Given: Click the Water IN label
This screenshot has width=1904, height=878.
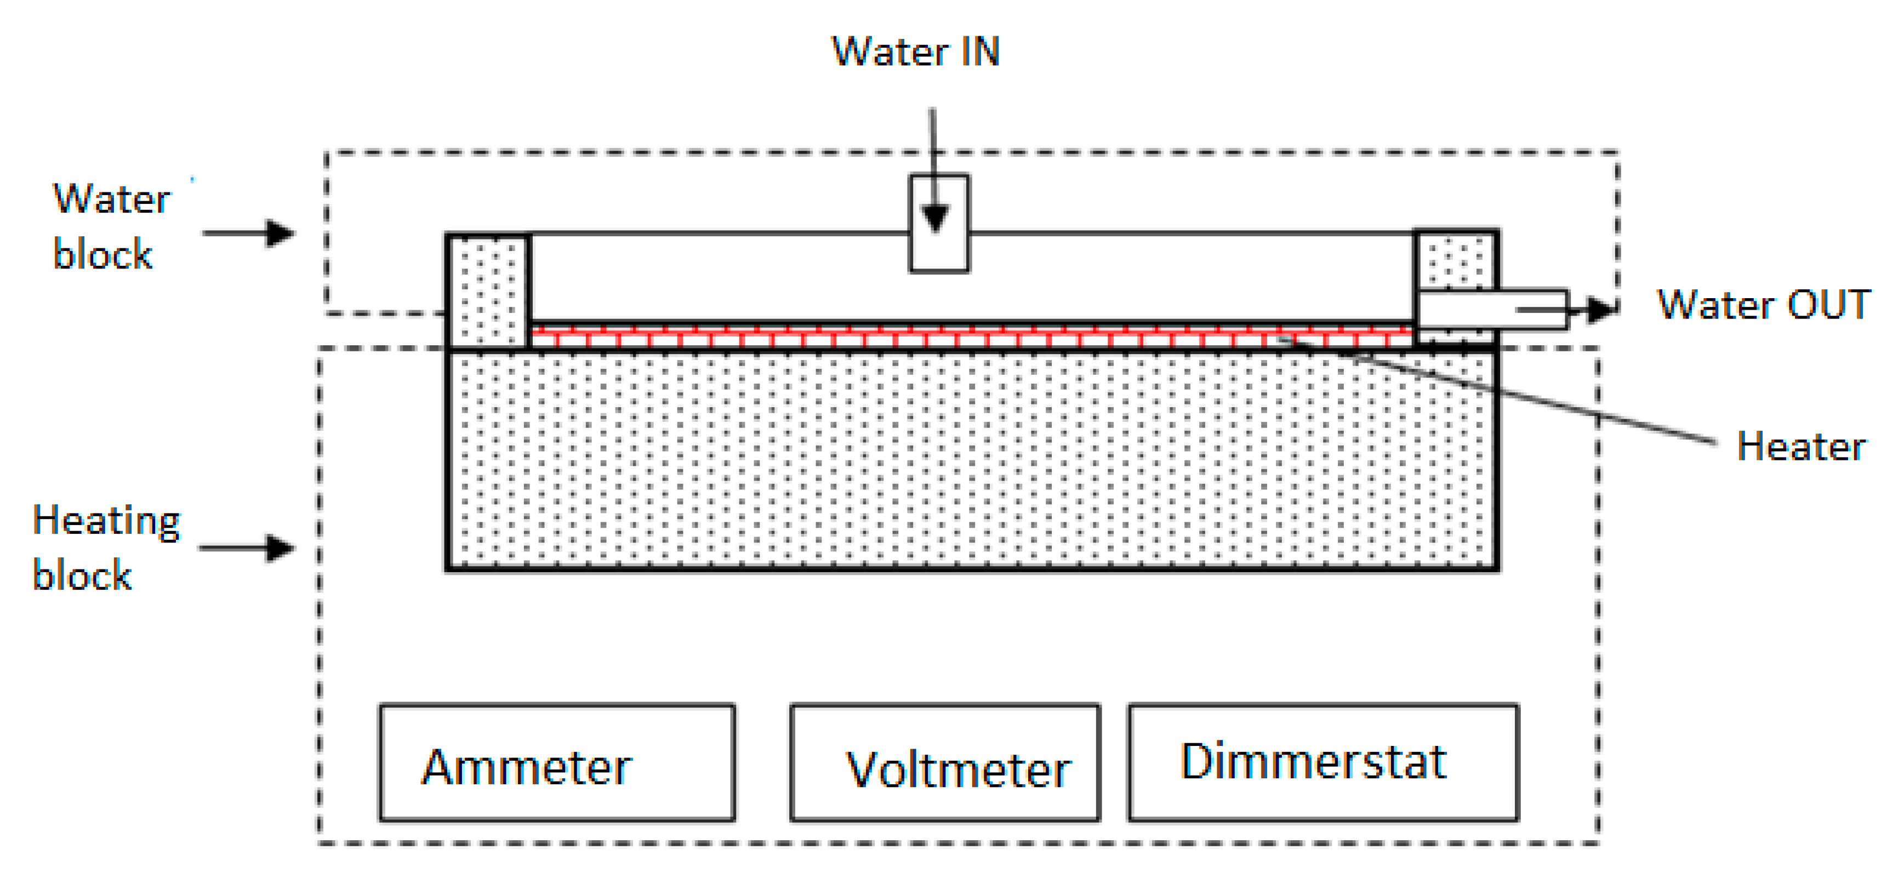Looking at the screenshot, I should (915, 52).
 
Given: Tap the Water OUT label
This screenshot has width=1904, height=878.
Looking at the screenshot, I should (1763, 305).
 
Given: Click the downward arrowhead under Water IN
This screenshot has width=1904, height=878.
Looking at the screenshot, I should (936, 219).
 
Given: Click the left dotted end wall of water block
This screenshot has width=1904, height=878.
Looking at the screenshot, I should (488, 290).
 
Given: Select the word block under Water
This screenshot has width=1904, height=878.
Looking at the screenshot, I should (102, 254).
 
